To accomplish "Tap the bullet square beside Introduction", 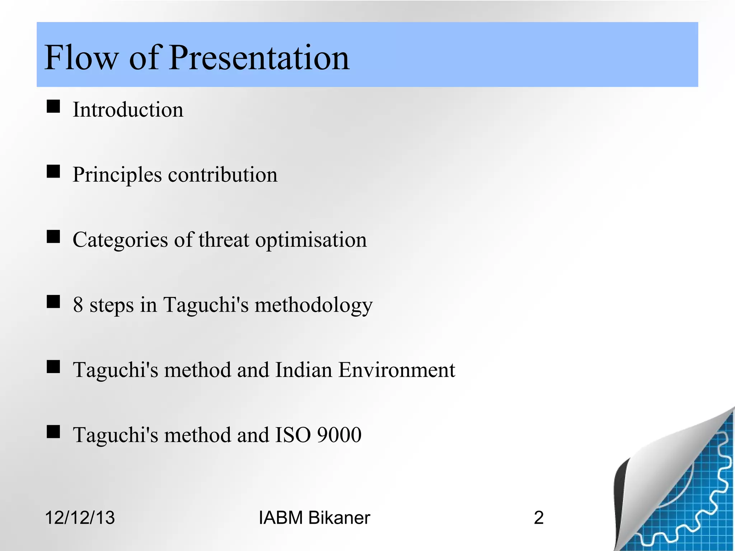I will coord(53,107).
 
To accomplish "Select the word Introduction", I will coord(128,109).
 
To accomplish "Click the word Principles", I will coord(117,175).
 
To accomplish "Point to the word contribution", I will coord(223,175).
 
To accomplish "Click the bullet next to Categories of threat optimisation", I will coord(53,237).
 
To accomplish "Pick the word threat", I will coord(224,240).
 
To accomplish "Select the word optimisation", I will coord(311,240).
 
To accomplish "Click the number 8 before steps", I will coord(78,305).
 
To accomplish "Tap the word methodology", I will coord(313,306).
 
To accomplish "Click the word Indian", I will coord(303,370).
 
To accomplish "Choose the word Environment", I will coord(397,370).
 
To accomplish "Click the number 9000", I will coord(339,435).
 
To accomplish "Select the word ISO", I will coord(293,435).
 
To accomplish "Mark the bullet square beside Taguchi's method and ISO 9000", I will coord(53,432).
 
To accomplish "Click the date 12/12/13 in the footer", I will coord(80,518).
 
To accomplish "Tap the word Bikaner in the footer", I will coord(339,518).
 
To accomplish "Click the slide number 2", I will coord(538,518).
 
